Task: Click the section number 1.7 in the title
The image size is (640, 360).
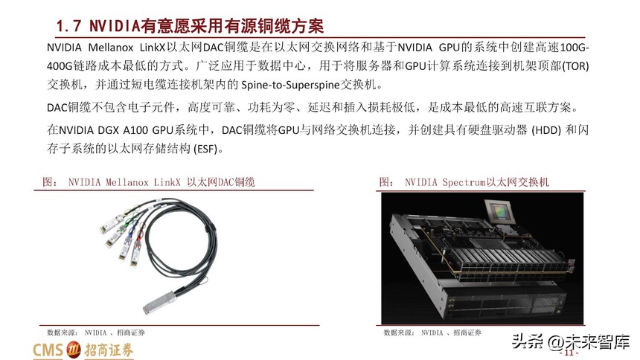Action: tap(68, 26)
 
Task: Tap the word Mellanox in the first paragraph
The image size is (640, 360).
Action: tap(111, 48)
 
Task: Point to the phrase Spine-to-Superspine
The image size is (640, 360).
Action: tap(291, 85)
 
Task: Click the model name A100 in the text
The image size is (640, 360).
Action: tap(135, 130)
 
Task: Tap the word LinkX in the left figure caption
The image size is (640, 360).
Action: tap(167, 182)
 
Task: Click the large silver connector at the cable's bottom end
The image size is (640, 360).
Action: tap(159, 302)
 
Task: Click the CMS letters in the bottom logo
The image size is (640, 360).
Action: tap(48, 350)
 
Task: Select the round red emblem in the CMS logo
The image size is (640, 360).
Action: tap(74, 350)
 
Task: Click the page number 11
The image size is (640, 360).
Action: tap(569, 353)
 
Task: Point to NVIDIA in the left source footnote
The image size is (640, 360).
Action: tap(95, 332)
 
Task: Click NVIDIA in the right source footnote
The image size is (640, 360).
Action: tap(432, 332)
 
